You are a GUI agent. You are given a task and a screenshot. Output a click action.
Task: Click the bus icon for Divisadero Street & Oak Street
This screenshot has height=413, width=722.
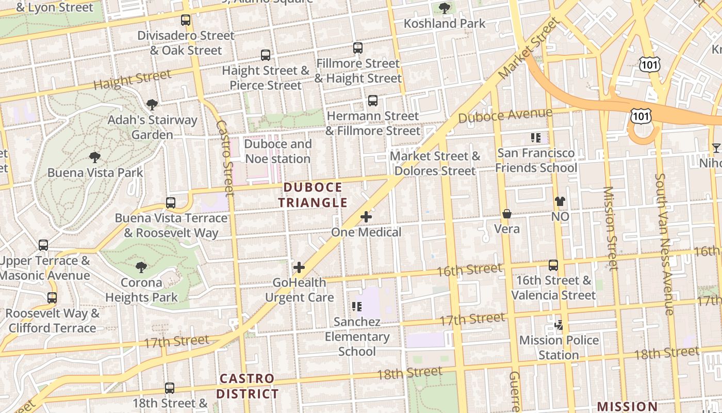(x=186, y=20)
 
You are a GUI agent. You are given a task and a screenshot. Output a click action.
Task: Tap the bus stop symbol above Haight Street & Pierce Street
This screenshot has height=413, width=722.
(x=266, y=55)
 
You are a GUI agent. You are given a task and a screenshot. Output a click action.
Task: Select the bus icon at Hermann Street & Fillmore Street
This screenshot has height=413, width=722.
(x=373, y=101)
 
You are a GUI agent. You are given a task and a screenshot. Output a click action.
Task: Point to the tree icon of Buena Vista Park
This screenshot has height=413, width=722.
(x=94, y=157)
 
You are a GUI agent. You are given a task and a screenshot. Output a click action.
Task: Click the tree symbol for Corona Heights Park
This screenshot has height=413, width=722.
(x=141, y=267)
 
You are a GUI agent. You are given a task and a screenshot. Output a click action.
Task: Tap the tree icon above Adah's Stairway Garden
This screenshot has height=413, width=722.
(x=152, y=105)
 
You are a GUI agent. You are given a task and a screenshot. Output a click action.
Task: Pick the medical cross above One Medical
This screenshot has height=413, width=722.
(x=366, y=217)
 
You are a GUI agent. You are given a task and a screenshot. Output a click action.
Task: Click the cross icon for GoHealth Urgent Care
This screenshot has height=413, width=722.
(x=299, y=267)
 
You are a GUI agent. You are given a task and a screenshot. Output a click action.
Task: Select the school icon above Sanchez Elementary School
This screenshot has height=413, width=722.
(x=356, y=307)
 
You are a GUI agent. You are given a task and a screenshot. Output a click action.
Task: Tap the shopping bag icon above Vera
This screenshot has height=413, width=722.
(x=507, y=213)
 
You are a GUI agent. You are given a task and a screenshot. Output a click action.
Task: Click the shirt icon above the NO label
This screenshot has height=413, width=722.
(x=560, y=201)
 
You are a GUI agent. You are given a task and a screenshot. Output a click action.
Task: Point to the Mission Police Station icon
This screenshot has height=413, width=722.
(x=559, y=325)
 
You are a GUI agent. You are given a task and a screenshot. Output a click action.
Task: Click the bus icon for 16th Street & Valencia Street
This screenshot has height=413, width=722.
(x=553, y=265)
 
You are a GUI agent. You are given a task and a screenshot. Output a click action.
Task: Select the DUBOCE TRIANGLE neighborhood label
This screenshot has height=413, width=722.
(x=313, y=195)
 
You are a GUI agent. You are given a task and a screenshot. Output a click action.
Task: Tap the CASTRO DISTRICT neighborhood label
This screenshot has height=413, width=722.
(x=247, y=386)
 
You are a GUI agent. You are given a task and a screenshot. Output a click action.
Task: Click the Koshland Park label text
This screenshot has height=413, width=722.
(x=445, y=23)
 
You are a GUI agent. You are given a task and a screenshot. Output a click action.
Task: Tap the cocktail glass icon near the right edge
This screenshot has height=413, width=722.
(x=716, y=149)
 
